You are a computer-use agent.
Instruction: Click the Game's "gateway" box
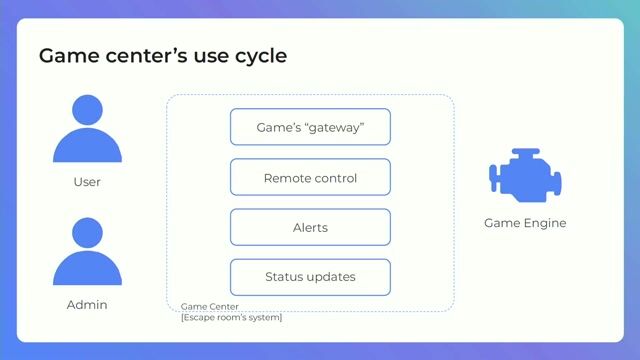pos(310,127)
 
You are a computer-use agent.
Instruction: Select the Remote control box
pos(310,178)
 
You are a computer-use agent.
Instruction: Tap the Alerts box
pos(310,228)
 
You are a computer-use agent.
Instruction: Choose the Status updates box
pos(310,277)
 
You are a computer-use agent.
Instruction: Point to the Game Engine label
pos(525,223)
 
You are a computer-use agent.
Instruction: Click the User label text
pos(87,182)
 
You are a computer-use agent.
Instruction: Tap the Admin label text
pos(87,304)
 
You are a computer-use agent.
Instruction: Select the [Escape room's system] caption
pos(231,318)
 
